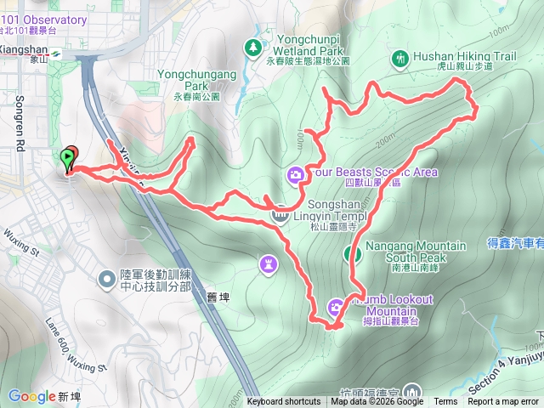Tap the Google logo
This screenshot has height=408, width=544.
(32, 395)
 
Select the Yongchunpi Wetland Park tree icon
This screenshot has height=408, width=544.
(252, 48)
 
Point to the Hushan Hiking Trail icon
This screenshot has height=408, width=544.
(399, 58)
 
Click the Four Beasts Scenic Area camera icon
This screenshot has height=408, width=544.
(296, 176)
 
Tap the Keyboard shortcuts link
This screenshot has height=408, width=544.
(284, 402)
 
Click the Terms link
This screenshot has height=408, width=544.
(445, 402)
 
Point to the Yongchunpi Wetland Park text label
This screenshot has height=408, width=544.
(308, 49)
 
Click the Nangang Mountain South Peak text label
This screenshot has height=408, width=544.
(416, 252)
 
